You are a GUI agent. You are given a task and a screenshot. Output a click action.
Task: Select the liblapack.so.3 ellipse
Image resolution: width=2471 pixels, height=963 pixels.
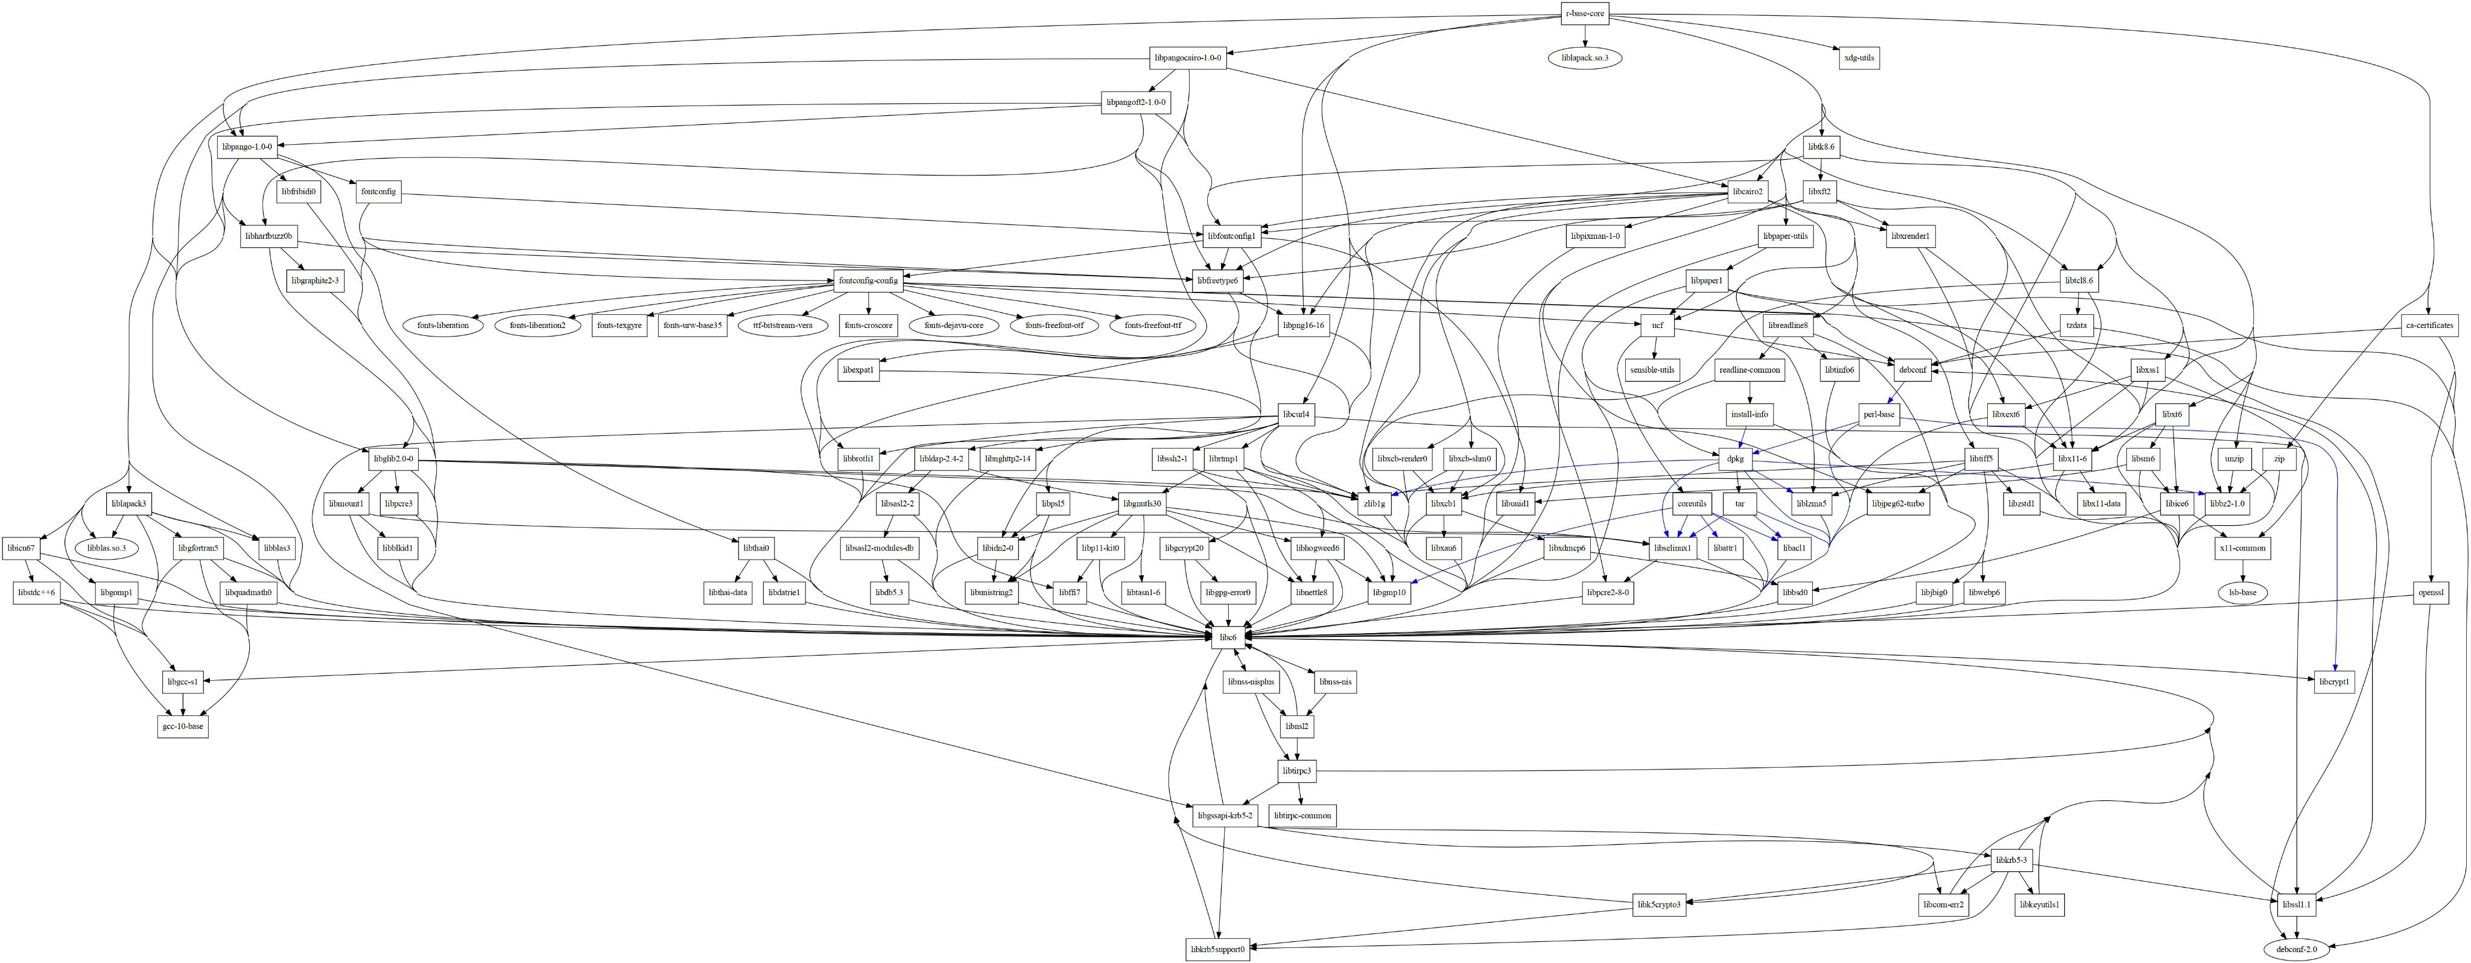pos(1585,57)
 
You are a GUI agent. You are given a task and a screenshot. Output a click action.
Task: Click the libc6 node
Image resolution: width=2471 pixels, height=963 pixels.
pos(1228,636)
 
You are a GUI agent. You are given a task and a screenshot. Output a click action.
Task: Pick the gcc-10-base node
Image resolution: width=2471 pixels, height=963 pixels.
pos(182,726)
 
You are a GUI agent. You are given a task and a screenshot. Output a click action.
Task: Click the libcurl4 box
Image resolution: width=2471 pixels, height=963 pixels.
pos(1296,414)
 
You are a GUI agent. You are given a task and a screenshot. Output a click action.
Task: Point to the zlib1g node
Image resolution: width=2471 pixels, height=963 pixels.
pos(1374,502)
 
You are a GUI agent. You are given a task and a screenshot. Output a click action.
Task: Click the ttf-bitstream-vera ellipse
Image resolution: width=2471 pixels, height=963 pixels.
pos(782,325)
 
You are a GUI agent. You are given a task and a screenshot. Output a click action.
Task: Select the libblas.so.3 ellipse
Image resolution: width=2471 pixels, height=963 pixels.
pos(112,548)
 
